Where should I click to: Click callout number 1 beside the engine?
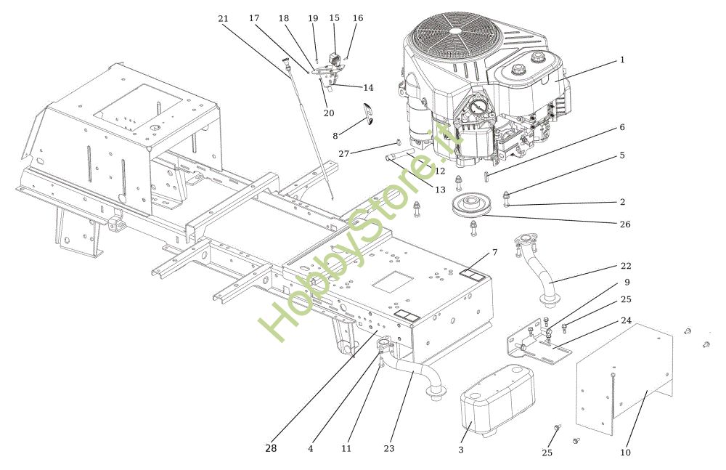coord(622,60)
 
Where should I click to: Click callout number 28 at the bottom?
coord(270,449)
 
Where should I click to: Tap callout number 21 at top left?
coord(224,17)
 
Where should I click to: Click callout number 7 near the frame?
coord(494,252)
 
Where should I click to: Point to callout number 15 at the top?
coord(334,17)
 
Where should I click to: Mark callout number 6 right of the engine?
coord(621,127)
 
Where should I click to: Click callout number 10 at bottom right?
coord(626,453)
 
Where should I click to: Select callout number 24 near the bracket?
coord(626,320)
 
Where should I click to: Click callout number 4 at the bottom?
coord(310,449)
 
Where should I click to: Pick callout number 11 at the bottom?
coord(346,449)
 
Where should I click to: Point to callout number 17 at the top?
coord(253,17)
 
